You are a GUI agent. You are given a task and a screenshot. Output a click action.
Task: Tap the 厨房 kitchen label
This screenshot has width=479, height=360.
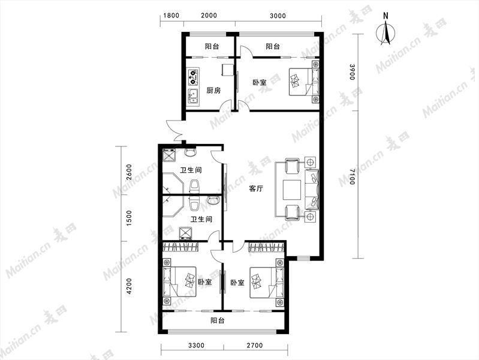(x=213, y=90)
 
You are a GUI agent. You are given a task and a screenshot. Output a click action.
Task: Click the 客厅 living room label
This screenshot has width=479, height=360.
(x=256, y=188)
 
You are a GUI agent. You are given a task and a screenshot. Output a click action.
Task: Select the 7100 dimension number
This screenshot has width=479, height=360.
(x=352, y=176)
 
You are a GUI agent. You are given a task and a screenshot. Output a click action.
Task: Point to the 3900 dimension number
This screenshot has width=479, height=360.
(x=352, y=72)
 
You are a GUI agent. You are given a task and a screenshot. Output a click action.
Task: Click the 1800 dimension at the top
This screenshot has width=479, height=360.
(x=171, y=15)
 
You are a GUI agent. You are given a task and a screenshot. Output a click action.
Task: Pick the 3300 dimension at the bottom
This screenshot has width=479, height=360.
(x=196, y=346)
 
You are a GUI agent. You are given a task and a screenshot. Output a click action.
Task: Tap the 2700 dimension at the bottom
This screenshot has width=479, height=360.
(x=254, y=346)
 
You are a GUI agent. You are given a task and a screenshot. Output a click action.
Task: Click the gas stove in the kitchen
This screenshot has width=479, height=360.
(x=193, y=77)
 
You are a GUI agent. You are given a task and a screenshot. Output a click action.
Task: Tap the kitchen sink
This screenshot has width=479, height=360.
(x=193, y=97)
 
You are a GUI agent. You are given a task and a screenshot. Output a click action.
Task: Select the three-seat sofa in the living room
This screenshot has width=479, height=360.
(x=312, y=188)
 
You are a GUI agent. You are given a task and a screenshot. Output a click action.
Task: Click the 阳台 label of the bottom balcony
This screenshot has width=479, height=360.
(x=218, y=320)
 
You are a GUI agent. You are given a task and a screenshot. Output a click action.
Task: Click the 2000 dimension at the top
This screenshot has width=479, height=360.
(x=209, y=15)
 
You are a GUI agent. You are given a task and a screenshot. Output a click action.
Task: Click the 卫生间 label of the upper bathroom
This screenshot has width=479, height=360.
(x=191, y=170)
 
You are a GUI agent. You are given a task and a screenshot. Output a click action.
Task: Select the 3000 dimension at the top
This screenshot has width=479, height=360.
(x=278, y=15)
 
